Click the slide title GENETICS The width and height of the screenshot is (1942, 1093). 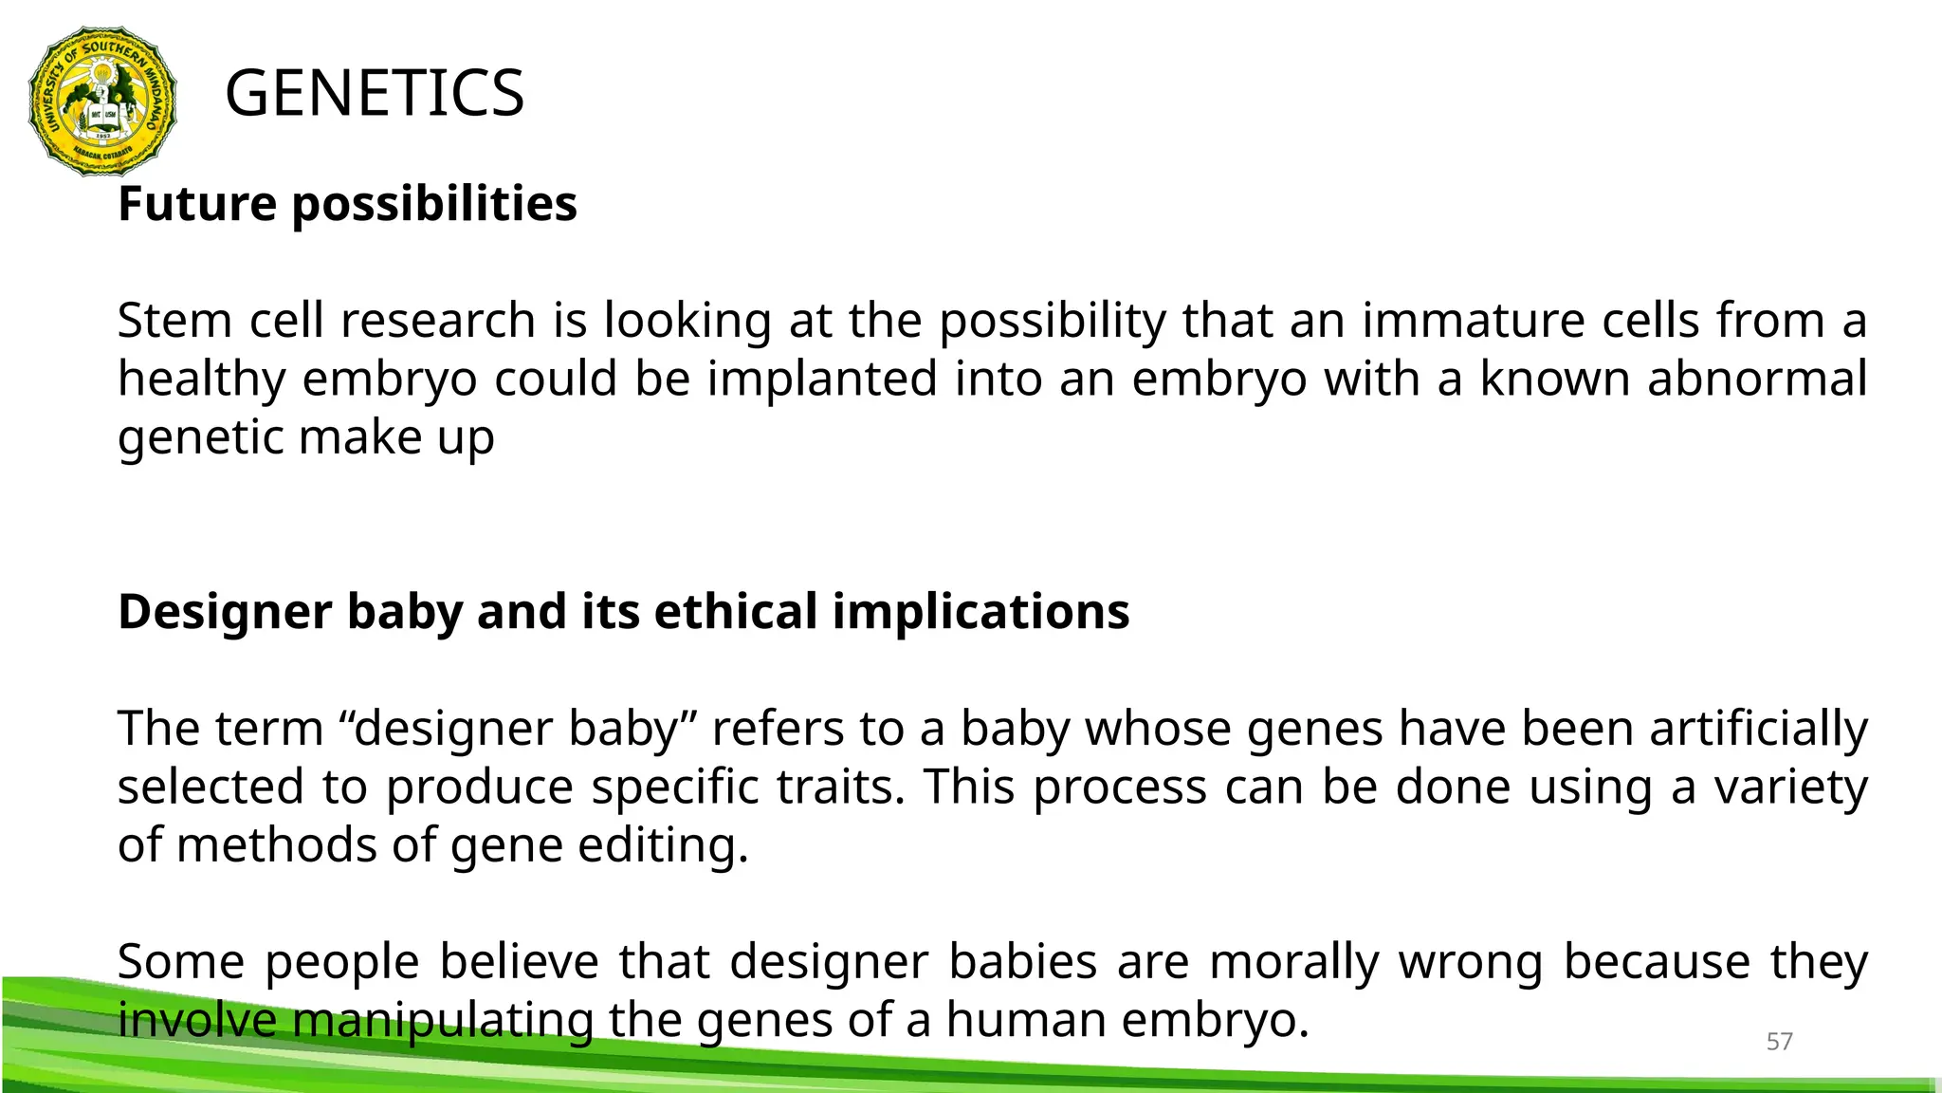click(375, 93)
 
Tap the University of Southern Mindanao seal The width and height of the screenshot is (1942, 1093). click(103, 102)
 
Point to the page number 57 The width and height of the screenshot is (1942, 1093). click(1779, 1042)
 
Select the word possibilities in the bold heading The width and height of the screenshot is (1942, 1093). click(434, 204)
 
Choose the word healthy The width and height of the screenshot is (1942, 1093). click(201, 380)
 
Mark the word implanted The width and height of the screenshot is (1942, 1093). click(822, 380)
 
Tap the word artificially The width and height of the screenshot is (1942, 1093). click(1759, 730)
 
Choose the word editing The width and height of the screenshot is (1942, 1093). click(663, 845)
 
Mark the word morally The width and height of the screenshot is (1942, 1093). click(1294, 962)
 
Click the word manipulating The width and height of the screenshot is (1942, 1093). click(442, 1021)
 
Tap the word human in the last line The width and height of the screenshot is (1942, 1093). click(1027, 1021)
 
